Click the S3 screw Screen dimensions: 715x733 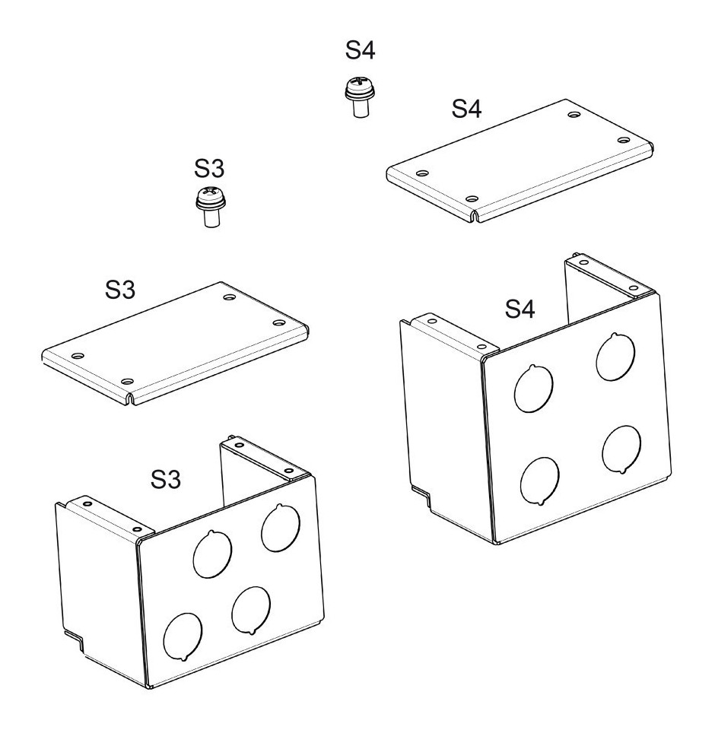211,207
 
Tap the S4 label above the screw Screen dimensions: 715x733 360,50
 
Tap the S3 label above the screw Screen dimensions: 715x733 209,168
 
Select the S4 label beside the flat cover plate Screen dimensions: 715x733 466,109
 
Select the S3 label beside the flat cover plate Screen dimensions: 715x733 119,290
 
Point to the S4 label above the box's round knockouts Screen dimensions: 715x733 520,309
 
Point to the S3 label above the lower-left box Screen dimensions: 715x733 166,479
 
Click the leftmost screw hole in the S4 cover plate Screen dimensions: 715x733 422,173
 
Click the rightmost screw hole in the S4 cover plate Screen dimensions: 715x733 624,140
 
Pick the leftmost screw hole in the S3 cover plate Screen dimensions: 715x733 78,356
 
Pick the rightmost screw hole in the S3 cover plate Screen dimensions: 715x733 278,322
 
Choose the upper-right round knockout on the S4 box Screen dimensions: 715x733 615,357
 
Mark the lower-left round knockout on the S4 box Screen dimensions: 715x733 539,481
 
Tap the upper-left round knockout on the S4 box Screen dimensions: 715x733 533,389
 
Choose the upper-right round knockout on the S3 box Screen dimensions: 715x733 281,528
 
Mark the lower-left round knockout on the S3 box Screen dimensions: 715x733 183,636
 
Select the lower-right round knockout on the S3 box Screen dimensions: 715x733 251,611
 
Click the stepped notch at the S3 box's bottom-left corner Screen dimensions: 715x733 75,639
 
